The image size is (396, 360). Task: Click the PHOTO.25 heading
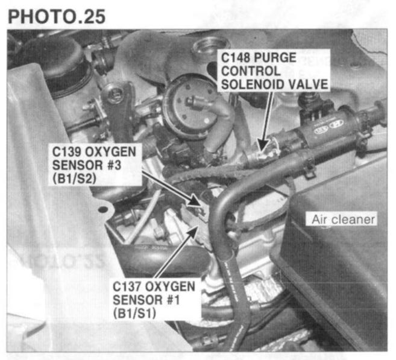point(57,17)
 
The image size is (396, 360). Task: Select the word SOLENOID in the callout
point(253,84)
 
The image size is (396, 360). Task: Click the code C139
point(67,151)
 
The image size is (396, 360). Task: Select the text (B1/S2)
point(75,178)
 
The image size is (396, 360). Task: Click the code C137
point(127,286)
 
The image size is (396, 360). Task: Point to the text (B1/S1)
point(134,314)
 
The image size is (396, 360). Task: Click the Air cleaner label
point(343,219)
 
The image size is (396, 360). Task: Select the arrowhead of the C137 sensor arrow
point(193,232)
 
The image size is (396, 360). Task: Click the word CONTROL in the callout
point(251,71)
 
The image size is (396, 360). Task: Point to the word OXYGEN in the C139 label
point(111,151)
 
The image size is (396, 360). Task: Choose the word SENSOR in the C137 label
point(137,300)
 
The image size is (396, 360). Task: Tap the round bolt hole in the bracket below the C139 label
point(102,209)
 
